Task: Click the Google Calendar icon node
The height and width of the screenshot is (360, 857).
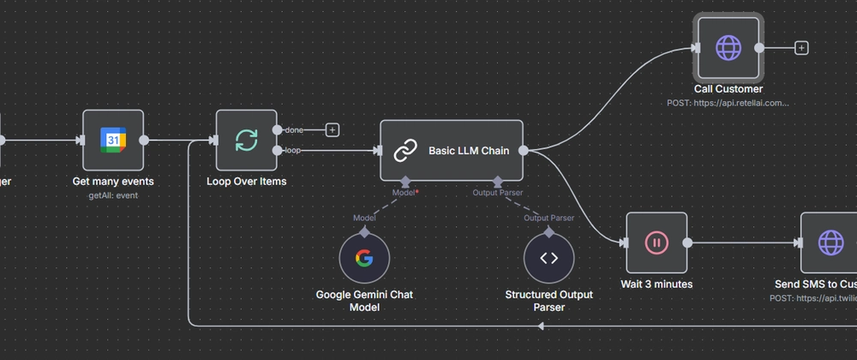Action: pos(113,140)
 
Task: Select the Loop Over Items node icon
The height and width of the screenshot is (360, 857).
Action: pos(246,140)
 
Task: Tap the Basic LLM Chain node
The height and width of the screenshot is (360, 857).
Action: pos(452,151)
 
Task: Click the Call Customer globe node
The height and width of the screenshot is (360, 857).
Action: pos(728,48)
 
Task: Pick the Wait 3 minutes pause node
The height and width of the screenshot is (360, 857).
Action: pos(656,243)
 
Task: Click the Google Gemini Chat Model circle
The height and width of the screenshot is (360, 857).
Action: pos(364,258)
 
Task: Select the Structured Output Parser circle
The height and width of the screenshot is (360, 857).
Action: pos(549,258)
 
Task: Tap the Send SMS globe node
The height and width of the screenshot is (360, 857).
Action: pos(830,243)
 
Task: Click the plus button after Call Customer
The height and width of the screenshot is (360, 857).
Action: pos(801,48)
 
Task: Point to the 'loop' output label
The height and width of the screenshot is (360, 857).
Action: pos(292,151)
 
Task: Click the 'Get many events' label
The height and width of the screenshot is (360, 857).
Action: pos(113,182)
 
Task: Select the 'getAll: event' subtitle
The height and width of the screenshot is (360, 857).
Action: pos(113,195)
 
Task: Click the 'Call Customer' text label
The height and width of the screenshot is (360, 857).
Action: pos(728,89)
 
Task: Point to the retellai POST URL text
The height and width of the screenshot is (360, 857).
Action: pos(728,103)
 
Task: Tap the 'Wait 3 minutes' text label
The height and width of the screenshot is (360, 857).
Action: pos(656,284)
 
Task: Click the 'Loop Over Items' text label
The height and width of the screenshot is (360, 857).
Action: pos(246,182)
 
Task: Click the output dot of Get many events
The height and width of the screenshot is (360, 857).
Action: pos(144,140)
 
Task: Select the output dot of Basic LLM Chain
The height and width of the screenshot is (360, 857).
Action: pos(524,151)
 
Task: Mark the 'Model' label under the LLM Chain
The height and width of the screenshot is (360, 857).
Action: pos(404,193)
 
